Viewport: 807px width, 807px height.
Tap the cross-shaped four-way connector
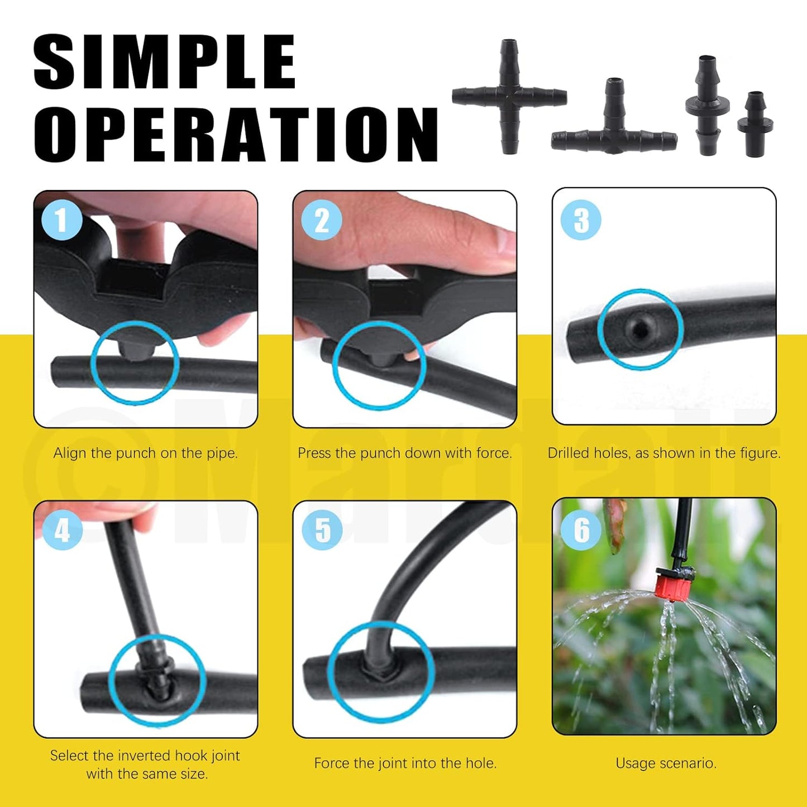point(509,97)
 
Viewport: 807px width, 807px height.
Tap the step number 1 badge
point(62,219)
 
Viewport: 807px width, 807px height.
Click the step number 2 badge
point(322,220)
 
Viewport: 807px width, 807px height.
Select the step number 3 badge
point(581,220)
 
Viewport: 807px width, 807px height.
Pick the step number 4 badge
point(62,529)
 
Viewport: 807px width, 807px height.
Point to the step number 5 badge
point(322,529)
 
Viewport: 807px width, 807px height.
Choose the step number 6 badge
point(581,529)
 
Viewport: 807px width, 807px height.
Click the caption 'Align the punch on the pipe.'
point(145,453)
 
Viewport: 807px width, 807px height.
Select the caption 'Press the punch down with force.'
point(404,453)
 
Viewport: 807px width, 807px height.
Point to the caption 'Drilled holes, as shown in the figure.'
point(663,453)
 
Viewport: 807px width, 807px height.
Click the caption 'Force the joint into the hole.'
point(405,763)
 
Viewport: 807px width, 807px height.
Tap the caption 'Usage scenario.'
point(666,763)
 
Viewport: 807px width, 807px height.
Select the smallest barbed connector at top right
point(755,124)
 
